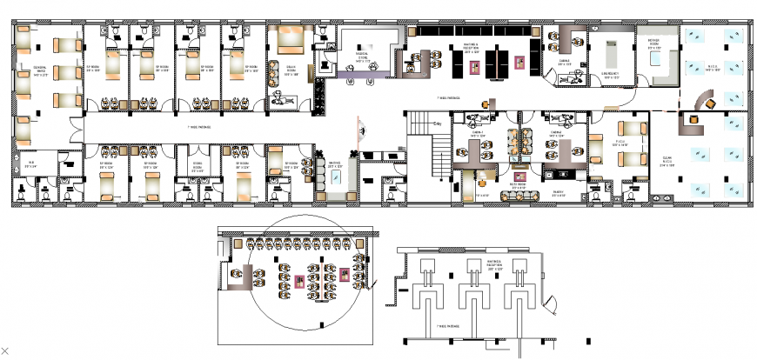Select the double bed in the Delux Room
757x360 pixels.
290,38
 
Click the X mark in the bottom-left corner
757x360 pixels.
4,350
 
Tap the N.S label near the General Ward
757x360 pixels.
30,163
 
